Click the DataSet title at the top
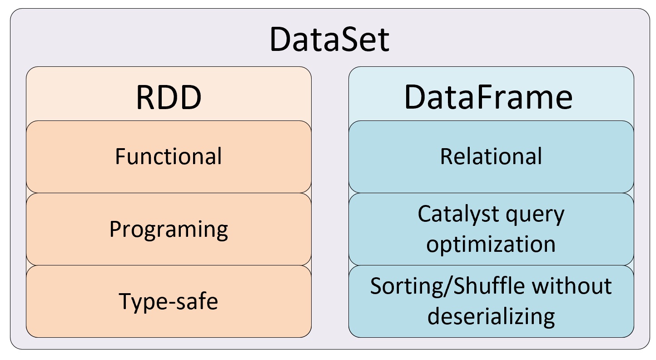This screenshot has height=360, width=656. [x=329, y=39]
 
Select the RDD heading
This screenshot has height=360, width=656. [x=169, y=98]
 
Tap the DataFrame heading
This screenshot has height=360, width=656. [x=488, y=97]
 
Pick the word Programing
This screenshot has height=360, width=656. [x=169, y=230]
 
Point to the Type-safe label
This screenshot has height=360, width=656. [x=169, y=302]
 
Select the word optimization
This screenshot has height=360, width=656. [x=491, y=244]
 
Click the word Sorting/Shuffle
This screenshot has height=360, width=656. [x=447, y=286]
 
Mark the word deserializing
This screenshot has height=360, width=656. [x=491, y=317]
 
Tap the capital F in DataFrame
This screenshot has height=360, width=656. [x=483, y=97]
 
